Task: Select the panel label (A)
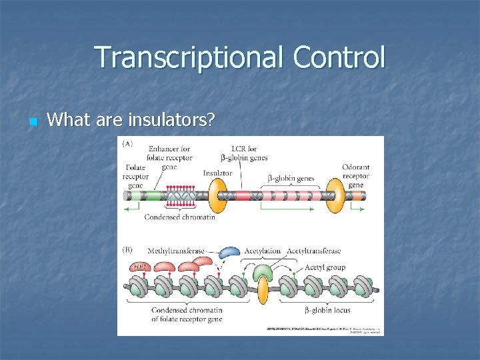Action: point(127,143)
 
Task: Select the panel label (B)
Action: point(127,251)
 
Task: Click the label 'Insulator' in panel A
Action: point(217,173)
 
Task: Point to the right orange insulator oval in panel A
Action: point(335,195)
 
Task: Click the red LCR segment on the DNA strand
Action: point(241,195)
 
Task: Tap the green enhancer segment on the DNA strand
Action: point(154,195)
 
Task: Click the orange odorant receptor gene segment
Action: point(357,195)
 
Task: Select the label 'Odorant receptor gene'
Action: point(355,175)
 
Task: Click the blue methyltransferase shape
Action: point(229,252)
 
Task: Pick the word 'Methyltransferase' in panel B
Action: point(176,251)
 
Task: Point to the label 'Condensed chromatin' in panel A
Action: point(180,217)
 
